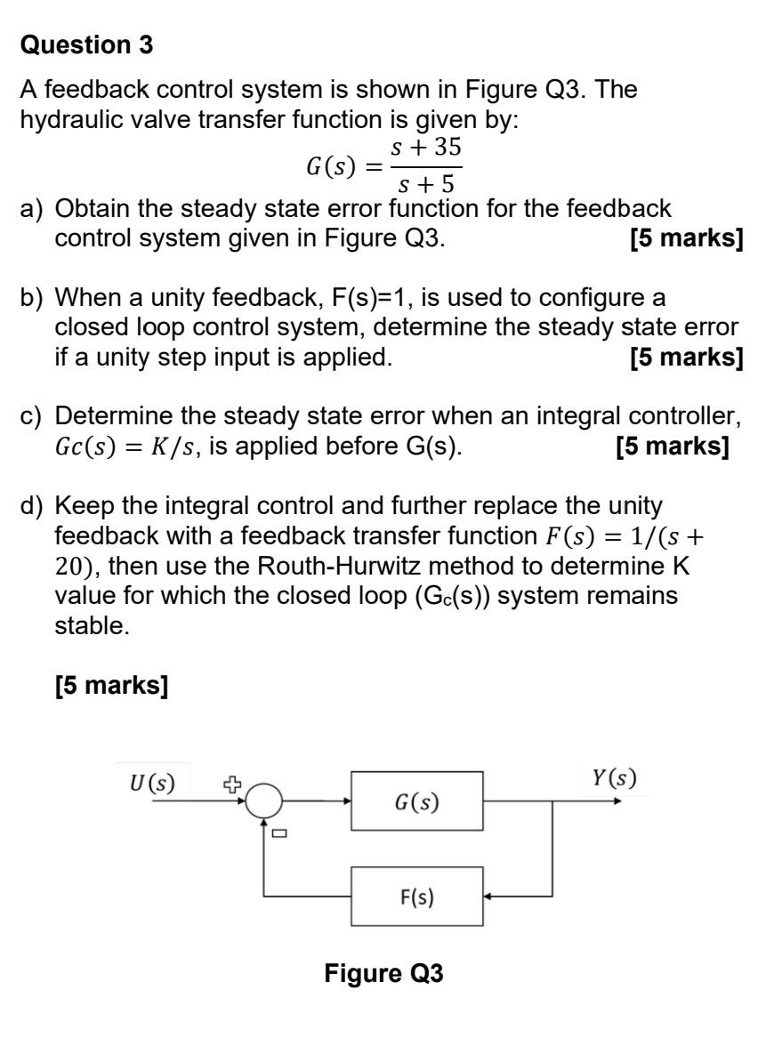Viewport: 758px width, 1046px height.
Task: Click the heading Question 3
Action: [87, 45]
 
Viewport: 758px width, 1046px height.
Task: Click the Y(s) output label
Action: [614, 778]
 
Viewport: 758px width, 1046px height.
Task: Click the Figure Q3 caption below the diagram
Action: [383, 973]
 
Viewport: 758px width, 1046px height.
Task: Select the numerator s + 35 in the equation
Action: [427, 148]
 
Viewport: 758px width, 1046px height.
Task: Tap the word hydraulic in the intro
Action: [67, 120]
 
